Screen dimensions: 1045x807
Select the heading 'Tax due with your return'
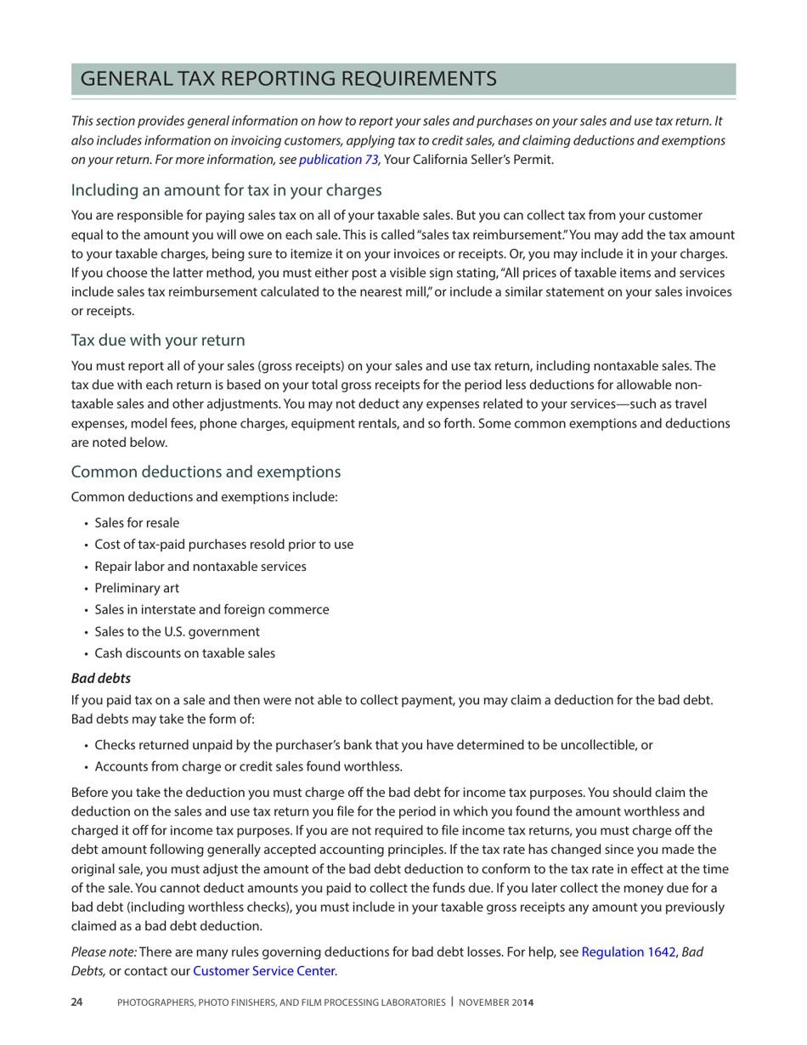pos(158,340)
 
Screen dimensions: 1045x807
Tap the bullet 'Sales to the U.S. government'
pos(177,631)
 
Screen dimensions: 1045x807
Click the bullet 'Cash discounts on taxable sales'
pos(184,653)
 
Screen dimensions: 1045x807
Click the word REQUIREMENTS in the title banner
pos(407,79)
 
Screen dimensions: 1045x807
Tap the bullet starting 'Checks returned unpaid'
pos(373,745)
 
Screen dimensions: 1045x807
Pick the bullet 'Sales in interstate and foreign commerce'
pos(212,609)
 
